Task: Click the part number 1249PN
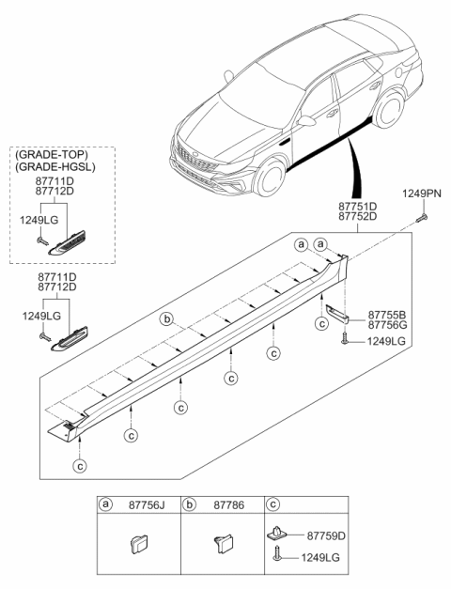[x=422, y=194]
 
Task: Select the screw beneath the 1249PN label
[x=423, y=218]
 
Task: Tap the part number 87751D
[x=357, y=207]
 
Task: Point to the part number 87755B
[x=387, y=315]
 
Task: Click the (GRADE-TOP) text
[x=52, y=154]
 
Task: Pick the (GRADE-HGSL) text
[x=55, y=167]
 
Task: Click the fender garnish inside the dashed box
[x=67, y=243]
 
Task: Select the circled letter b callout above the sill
[x=166, y=319]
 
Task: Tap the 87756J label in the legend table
[x=147, y=505]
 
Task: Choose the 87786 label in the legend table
[x=229, y=505]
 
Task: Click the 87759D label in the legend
[x=326, y=535]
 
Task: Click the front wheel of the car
[x=270, y=178]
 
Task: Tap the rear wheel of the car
[x=389, y=109]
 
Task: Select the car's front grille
[x=196, y=159]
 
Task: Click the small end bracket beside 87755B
[x=337, y=314]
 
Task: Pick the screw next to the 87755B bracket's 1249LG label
[x=344, y=340]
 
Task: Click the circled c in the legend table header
[x=272, y=504]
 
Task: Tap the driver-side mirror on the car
[x=306, y=121]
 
